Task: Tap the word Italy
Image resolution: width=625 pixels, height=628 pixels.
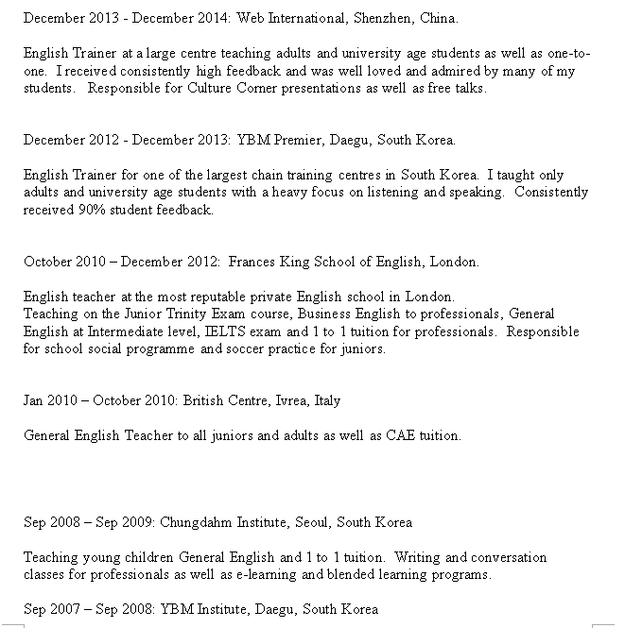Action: (325, 400)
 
